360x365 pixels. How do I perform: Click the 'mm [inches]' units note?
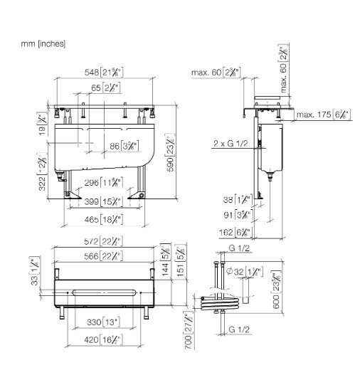click(44, 44)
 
